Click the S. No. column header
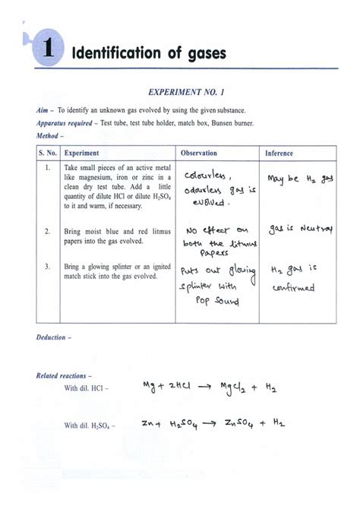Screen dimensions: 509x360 (x=48, y=153)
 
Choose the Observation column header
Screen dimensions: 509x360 (x=199, y=153)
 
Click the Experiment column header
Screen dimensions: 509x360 (x=82, y=153)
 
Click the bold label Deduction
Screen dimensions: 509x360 (x=52, y=337)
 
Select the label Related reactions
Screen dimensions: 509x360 (x=64, y=375)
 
